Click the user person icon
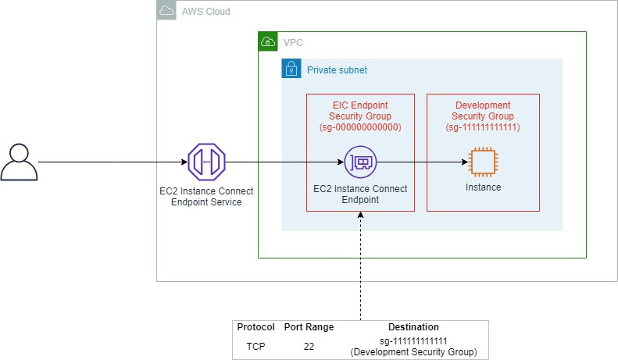(19, 162)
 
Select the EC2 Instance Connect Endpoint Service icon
(206, 162)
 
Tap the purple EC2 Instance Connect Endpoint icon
(361, 162)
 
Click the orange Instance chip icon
(483, 162)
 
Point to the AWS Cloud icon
(166, 11)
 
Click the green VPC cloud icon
(268, 41)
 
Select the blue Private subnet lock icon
(291, 69)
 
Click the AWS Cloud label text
(206, 12)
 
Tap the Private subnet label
(337, 70)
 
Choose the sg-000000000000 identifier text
(360, 127)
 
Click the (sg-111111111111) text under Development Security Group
(483, 127)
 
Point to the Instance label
(483, 187)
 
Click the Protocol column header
(255, 327)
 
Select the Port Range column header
(309, 327)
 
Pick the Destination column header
(413, 327)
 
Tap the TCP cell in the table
(255, 347)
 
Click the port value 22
(309, 347)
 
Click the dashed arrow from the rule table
(361, 266)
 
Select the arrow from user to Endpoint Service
(113, 162)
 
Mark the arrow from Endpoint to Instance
(423, 162)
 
